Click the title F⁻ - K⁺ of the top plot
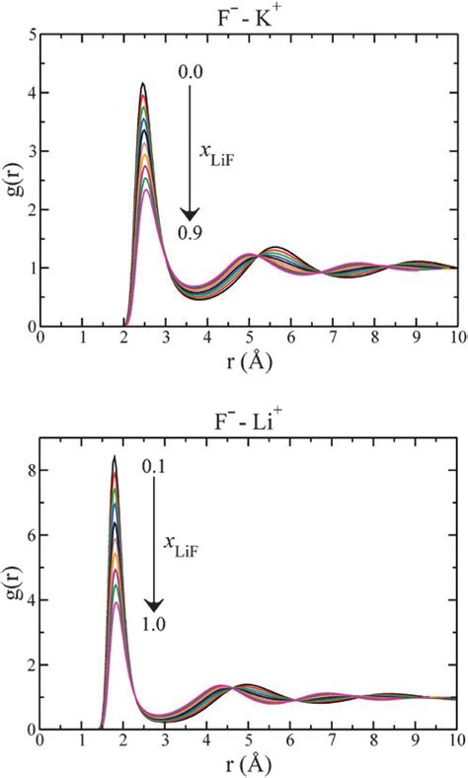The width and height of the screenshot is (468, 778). (x=246, y=14)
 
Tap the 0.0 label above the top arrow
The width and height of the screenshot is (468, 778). (x=191, y=72)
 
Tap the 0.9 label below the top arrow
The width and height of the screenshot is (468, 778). (x=191, y=233)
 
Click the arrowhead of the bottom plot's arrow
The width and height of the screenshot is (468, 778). (x=154, y=604)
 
